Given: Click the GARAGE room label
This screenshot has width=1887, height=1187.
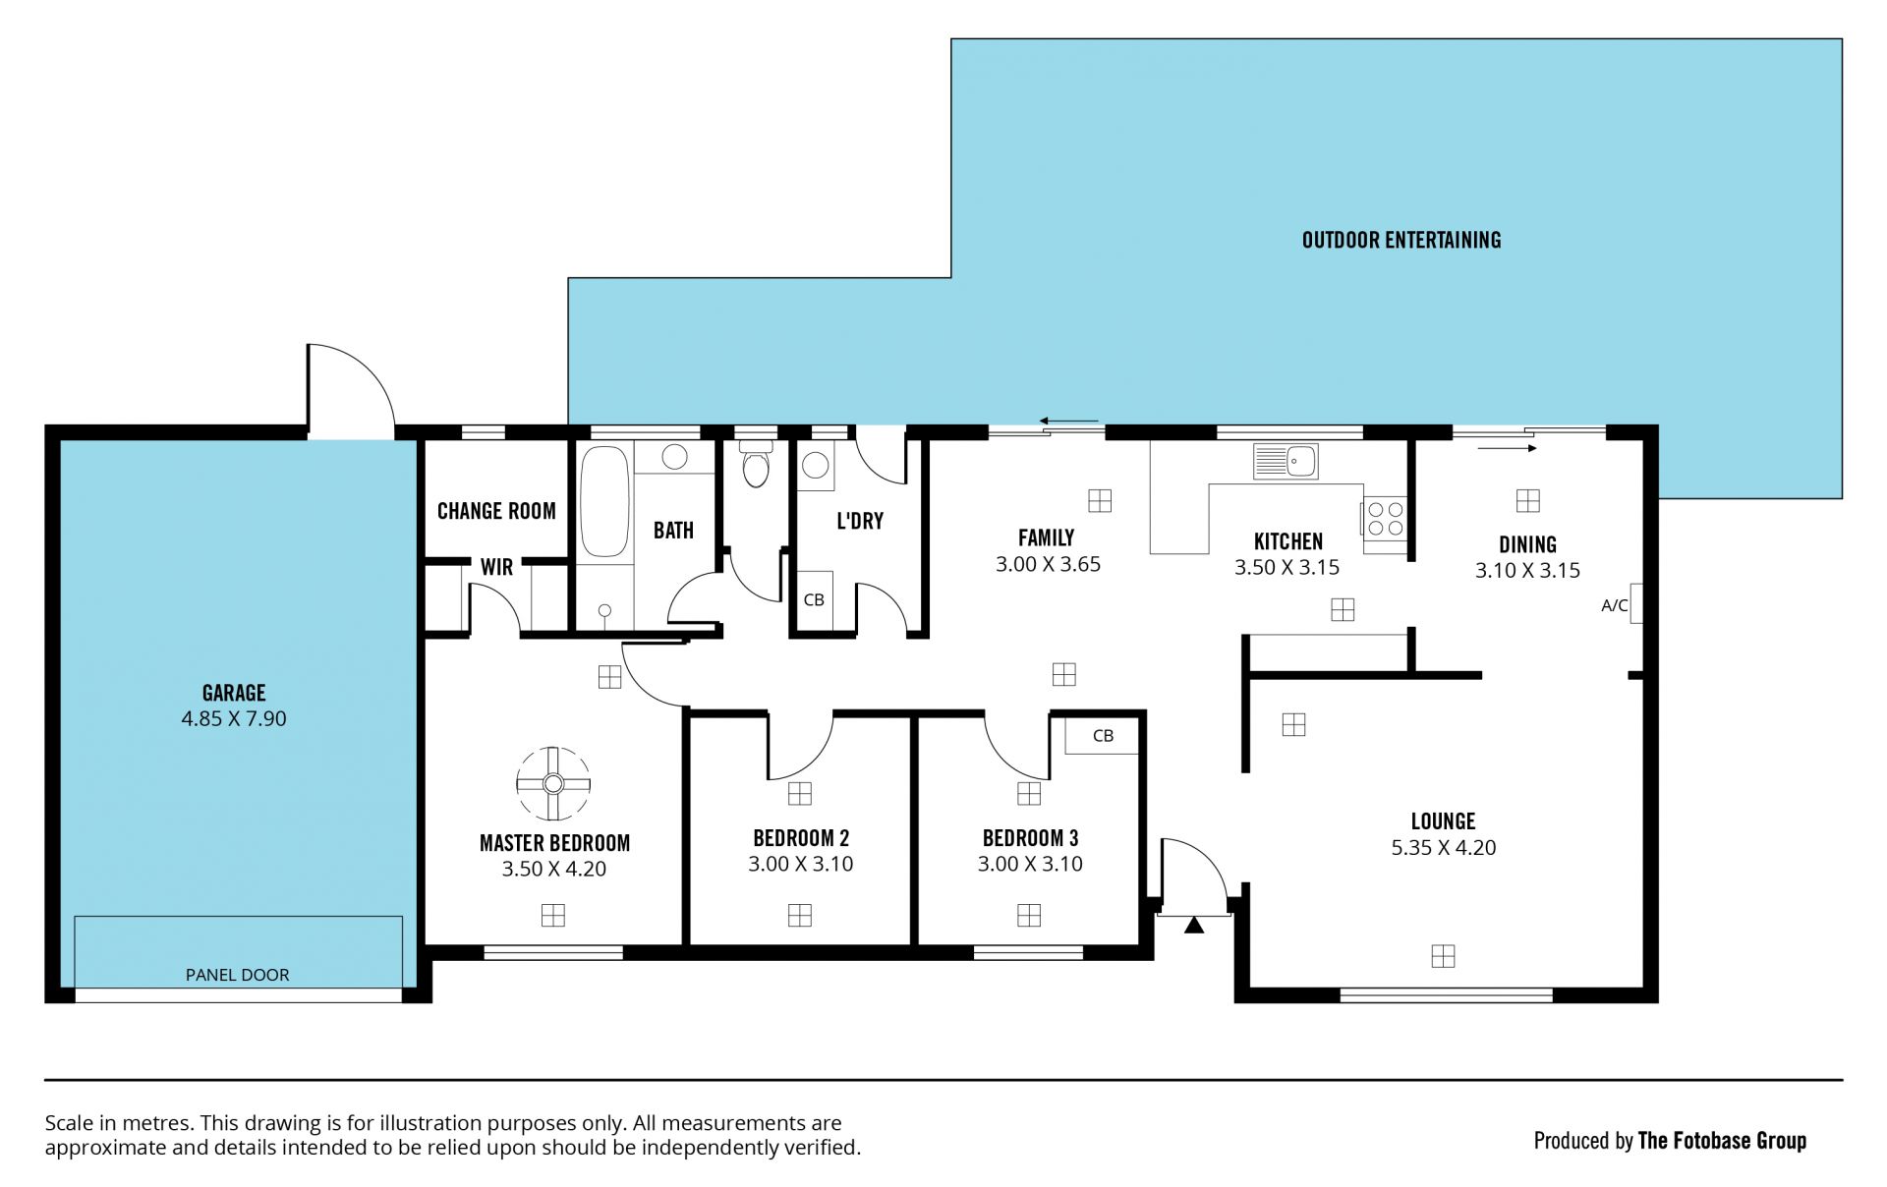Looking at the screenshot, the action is (x=234, y=693).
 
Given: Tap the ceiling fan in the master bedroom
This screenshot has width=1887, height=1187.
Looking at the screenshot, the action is (x=553, y=783).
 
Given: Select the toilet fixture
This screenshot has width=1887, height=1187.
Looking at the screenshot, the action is (x=755, y=464).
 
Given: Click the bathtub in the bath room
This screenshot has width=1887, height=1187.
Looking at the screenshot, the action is (x=603, y=503).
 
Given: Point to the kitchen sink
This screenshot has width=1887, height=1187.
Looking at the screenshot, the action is (x=1286, y=461).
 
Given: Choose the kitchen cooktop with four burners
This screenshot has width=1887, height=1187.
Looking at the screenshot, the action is (x=1384, y=519).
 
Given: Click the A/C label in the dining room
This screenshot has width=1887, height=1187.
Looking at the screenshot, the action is (x=1614, y=605).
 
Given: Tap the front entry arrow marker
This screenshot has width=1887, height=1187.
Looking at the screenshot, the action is (x=1194, y=925).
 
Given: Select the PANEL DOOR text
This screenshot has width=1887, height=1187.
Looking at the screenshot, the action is (x=238, y=975).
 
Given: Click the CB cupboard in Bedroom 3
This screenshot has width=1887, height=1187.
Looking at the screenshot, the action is (x=1103, y=735).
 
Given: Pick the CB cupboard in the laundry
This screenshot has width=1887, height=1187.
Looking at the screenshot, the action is (x=814, y=599).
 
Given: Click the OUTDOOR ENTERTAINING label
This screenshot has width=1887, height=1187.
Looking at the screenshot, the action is (x=1401, y=240).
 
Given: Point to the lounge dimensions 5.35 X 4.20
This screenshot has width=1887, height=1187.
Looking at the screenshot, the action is (x=1444, y=847).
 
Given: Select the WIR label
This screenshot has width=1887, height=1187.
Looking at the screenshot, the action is (x=496, y=567).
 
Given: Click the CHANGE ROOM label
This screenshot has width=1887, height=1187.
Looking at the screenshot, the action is (x=496, y=511).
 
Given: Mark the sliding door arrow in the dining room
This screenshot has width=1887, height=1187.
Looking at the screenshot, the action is (x=1507, y=448).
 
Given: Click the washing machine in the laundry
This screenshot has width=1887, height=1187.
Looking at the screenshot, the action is (x=816, y=466).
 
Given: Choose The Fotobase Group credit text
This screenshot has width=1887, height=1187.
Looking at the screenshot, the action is (x=1722, y=1141).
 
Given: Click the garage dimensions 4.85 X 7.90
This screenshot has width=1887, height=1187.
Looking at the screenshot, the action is (x=234, y=718).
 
